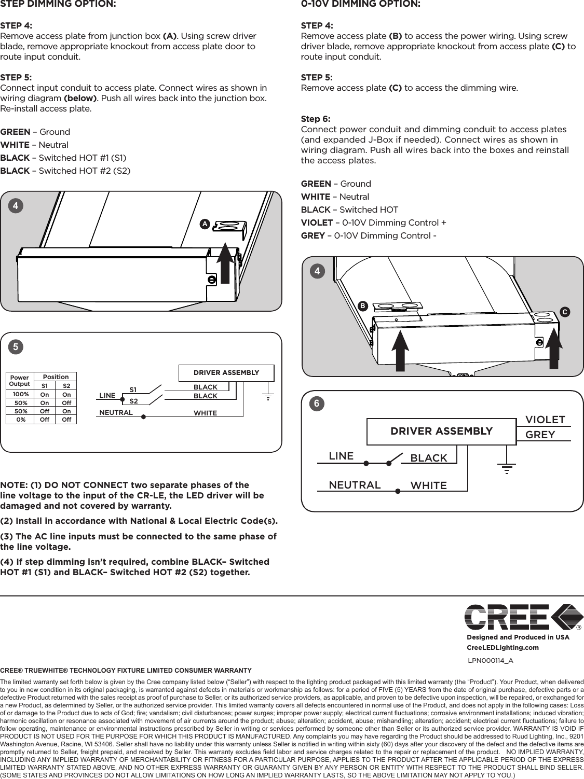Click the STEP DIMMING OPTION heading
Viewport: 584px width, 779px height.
[x=58, y=5]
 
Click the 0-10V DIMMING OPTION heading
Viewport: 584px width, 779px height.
[x=361, y=5]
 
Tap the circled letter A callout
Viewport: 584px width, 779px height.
[x=206, y=224]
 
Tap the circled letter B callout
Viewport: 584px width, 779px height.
[x=362, y=306]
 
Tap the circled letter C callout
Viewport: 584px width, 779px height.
[x=564, y=312]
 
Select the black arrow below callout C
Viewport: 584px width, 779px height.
[x=554, y=347]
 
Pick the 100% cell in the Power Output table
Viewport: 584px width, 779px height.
[x=21, y=394]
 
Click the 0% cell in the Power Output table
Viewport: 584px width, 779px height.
[x=21, y=419]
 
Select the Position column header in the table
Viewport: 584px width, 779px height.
[x=56, y=377]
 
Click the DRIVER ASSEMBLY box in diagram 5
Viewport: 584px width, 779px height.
[x=226, y=373]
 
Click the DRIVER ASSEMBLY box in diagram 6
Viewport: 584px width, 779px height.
[x=441, y=431]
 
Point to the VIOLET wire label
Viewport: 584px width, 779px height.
[x=545, y=419]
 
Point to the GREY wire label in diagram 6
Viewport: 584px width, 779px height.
[x=540, y=435]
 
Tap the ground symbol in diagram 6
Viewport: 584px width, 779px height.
[x=507, y=469]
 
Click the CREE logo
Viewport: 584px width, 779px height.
[x=522, y=617]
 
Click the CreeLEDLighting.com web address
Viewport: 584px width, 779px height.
[x=502, y=647]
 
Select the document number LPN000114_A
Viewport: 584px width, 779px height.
[x=491, y=660]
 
